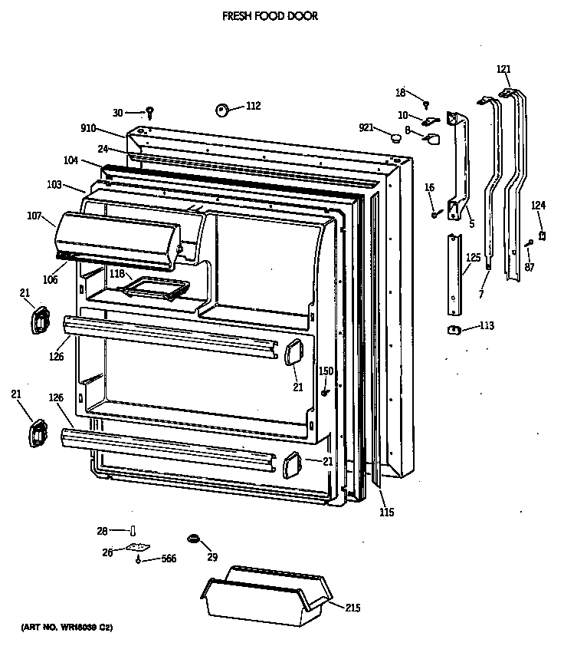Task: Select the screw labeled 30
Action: point(150,112)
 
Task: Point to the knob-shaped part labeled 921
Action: point(395,138)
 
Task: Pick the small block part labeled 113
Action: point(453,329)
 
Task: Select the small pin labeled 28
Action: point(133,531)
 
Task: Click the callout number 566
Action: point(169,559)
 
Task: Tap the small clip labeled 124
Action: point(543,235)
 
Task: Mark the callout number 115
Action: point(387,512)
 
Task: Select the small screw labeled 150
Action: point(326,393)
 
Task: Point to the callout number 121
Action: point(503,69)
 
